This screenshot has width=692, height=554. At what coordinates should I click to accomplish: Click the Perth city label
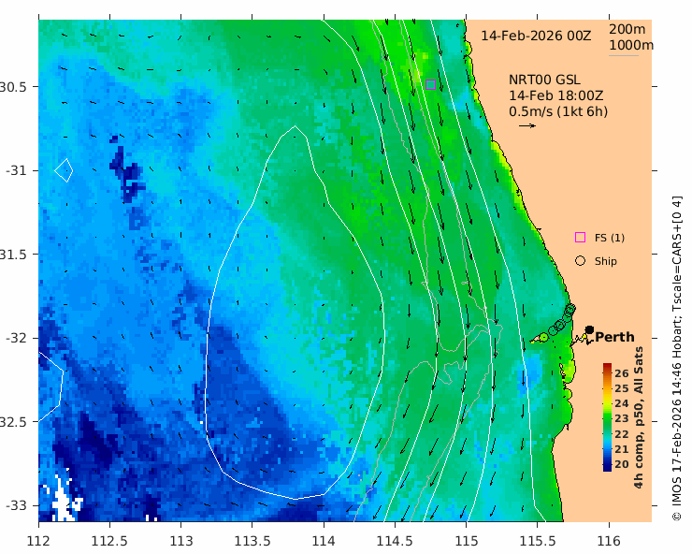(614, 337)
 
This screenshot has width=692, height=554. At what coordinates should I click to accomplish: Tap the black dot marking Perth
(590, 329)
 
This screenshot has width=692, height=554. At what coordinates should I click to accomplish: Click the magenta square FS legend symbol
(580, 238)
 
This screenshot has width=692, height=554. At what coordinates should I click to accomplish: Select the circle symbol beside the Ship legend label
(580, 261)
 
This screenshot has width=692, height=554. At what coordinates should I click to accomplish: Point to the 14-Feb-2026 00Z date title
(536, 36)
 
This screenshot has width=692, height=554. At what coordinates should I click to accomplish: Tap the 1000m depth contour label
(631, 45)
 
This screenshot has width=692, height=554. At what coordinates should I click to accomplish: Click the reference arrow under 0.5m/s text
(526, 125)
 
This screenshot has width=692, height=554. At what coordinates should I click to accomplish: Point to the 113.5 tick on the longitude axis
(252, 540)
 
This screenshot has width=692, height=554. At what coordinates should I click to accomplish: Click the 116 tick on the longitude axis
(609, 540)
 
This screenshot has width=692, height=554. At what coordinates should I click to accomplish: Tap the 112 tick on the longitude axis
(38, 540)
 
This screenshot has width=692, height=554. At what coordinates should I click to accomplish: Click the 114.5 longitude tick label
(395, 540)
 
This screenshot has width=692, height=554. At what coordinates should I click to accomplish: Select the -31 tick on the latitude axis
(18, 170)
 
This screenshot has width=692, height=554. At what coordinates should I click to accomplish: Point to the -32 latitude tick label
(18, 338)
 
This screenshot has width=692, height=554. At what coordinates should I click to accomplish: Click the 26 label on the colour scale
(622, 373)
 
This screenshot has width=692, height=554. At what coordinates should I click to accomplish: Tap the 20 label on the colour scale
(622, 464)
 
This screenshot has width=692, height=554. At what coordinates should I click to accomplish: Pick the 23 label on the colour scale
(622, 418)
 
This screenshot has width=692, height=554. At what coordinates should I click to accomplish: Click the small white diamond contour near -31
(64, 169)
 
